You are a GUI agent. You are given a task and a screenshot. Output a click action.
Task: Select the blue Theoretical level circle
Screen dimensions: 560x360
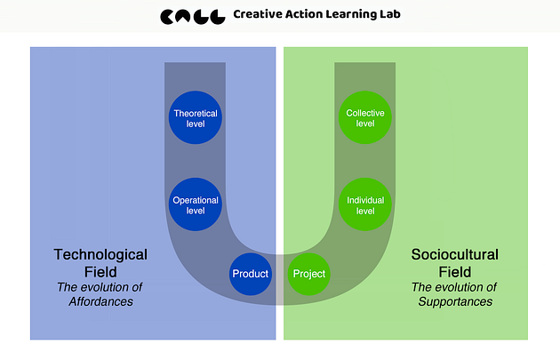[195, 118]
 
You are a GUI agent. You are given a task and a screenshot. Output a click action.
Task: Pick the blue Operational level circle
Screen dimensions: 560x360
[195, 204]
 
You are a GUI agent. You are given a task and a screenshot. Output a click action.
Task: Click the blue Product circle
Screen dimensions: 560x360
[250, 274]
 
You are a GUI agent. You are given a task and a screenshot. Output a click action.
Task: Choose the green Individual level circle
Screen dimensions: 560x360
[365, 204]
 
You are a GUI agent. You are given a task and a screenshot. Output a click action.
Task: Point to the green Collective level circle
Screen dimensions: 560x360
[365, 118]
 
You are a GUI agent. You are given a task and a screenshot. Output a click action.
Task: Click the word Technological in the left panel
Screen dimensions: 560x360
[100, 254]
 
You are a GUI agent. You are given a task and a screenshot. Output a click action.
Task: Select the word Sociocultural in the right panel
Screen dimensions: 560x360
[454, 254]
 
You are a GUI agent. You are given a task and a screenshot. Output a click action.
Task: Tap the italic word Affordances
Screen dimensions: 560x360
[100, 301]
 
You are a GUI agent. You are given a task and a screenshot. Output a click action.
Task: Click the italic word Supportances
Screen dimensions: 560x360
[455, 301]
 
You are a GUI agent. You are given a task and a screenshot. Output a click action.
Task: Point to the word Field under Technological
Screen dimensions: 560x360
[100, 270]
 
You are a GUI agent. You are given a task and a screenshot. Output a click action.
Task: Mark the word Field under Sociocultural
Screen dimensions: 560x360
[454, 270]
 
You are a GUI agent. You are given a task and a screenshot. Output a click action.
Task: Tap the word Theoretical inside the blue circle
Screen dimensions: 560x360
[195, 113]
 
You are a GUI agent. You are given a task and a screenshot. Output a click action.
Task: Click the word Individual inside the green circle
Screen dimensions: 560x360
[365, 199]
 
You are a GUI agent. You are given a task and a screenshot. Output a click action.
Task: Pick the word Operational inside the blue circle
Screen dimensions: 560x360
[195, 199]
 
